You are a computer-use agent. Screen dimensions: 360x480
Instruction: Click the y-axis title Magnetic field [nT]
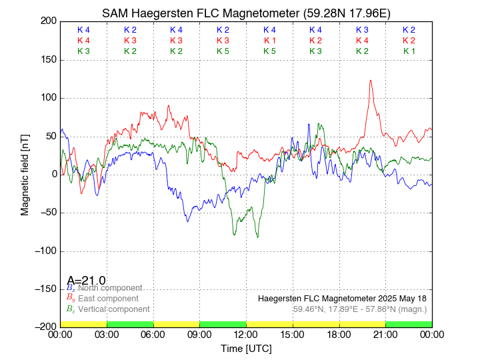pyautogui.click(x=25, y=173)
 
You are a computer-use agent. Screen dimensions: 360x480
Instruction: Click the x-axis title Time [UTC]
pyautogui.click(x=246, y=349)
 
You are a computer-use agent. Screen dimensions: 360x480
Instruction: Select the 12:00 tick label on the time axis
pyautogui.click(x=246, y=335)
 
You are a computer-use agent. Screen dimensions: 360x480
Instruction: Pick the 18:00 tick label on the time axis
pyautogui.click(x=339, y=335)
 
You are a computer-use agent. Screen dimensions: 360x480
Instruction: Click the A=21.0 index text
pyautogui.click(x=86, y=281)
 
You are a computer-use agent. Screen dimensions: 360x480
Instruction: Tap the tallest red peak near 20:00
pyautogui.click(x=371, y=81)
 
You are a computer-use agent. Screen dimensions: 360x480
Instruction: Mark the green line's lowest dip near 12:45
pyautogui.click(x=257, y=237)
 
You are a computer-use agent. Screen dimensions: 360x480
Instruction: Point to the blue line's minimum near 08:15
pyautogui.click(x=188, y=221)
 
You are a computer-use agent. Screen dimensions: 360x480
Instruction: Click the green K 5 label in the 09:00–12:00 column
pyautogui.click(x=223, y=51)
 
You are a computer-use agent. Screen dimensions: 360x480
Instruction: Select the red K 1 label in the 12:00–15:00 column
pyautogui.click(x=269, y=41)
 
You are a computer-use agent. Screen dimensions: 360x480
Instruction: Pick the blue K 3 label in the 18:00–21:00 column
pyautogui.click(x=362, y=30)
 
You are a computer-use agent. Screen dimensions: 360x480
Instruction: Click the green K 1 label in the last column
pyautogui.click(x=409, y=51)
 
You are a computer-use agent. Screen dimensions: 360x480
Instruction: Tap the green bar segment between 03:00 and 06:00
pyautogui.click(x=130, y=324)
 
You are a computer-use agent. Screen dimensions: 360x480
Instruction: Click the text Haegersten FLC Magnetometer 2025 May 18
pyautogui.click(x=342, y=298)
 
